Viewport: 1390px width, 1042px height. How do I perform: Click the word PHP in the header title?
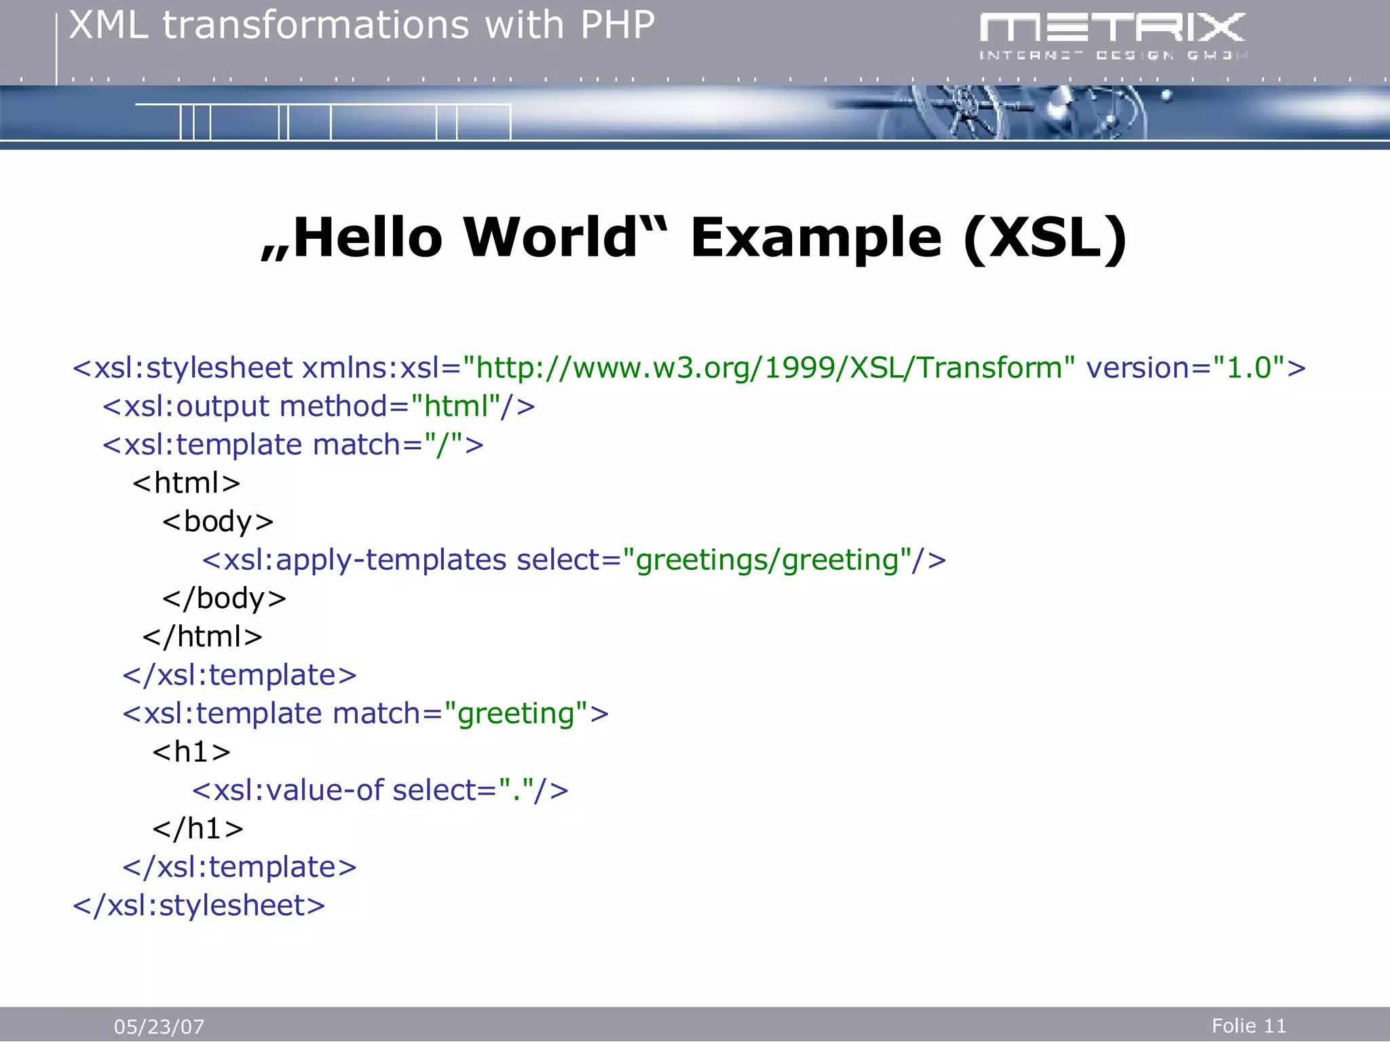coord(617,26)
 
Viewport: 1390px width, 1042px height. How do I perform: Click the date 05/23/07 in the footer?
coord(159,1026)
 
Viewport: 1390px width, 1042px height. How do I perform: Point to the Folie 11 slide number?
coord(1248,1025)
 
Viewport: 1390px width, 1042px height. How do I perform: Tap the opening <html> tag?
coord(187,483)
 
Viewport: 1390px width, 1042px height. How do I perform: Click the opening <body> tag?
coord(218,522)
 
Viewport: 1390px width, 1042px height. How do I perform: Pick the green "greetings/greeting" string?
coord(774,560)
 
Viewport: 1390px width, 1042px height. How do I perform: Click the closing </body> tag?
coord(224,598)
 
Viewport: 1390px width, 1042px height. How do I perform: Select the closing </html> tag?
coord(202,637)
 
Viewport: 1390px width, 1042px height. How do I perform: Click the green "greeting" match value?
coord(516,714)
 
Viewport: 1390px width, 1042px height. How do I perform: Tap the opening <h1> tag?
coord(191,752)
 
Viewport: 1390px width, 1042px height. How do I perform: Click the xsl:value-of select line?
coord(380,790)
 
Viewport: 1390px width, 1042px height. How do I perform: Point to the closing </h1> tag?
coord(198,828)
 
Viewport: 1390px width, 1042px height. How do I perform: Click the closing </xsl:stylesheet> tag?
coord(199,906)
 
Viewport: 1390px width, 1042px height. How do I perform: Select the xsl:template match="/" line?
coord(293,445)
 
